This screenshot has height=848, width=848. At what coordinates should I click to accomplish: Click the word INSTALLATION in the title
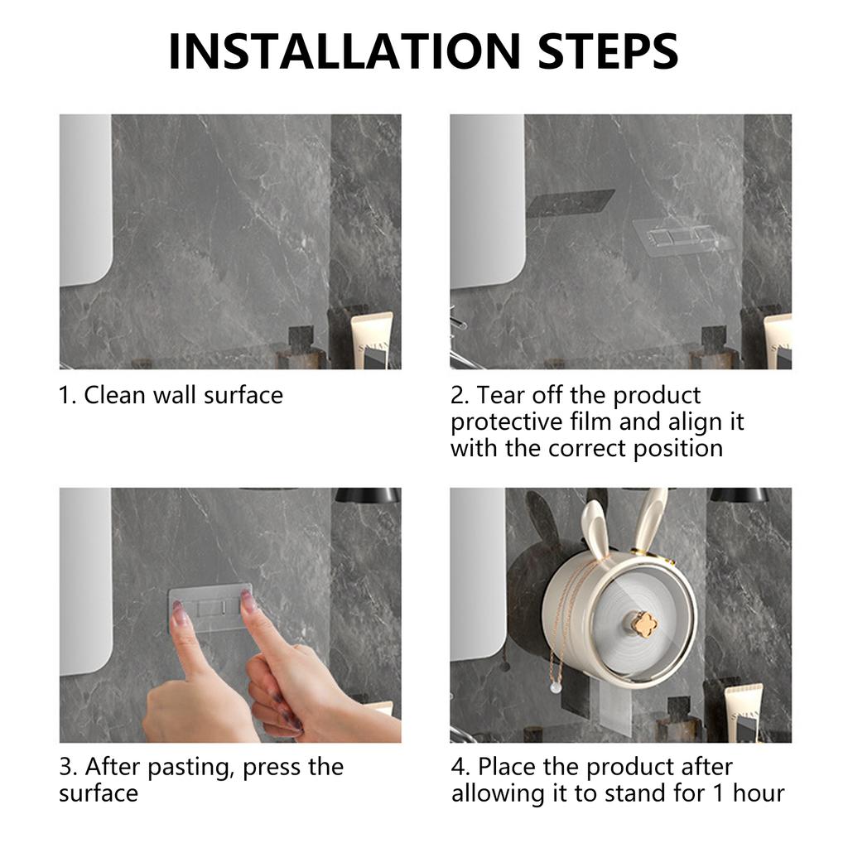345,51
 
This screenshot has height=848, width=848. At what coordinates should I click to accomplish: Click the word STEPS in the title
609,51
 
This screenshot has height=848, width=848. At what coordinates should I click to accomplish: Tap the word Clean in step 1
114,395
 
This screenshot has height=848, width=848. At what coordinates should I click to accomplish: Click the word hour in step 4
759,794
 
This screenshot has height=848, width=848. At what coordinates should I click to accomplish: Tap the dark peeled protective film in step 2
571,202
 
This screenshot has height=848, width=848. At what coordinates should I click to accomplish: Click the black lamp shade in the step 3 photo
368,495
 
